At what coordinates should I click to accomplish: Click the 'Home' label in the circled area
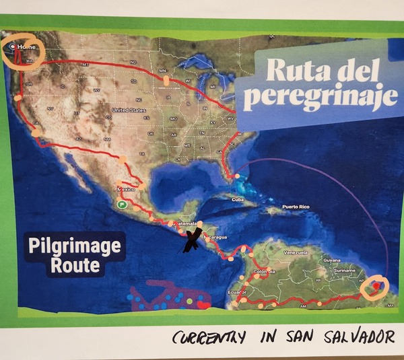coord(26,47)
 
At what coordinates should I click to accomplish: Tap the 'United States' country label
coord(129,110)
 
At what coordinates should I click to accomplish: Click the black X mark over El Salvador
coord(193,240)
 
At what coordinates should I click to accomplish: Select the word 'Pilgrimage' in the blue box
coord(75,246)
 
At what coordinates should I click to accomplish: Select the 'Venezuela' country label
coord(296,252)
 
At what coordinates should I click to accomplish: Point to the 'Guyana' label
coord(332,260)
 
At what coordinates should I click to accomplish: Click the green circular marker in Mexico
coord(122,204)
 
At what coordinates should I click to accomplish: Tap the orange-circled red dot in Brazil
coord(375,286)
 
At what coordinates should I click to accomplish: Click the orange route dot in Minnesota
coord(166,80)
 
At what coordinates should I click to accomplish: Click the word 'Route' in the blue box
coord(75,265)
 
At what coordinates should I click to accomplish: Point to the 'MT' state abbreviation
coord(86,64)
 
